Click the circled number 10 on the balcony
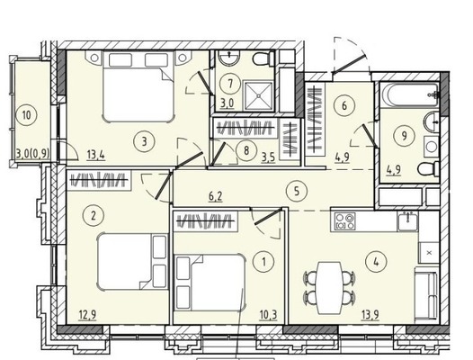coord(27,115)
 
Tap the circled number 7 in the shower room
coord(230,84)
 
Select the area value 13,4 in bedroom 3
coord(96,156)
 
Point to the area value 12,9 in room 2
coord(87,315)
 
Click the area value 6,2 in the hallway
coord(216,196)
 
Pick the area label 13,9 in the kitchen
coord(370,315)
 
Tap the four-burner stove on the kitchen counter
coord(345,221)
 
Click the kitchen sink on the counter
coord(407,221)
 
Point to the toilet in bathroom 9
coord(429,168)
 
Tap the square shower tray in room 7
coord(258,95)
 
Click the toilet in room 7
coord(263,59)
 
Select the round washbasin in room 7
coord(229,58)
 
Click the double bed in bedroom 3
coord(138,86)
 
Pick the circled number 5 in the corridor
coord(297,191)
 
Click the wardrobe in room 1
coord(205,221)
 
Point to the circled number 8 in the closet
coord(246,150)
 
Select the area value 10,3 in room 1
coord(268,315)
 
